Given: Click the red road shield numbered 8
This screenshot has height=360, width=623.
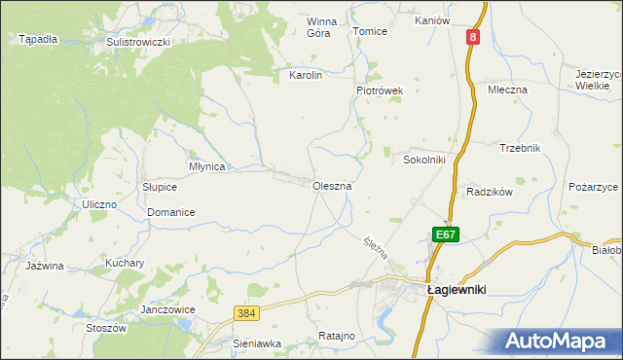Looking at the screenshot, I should (x=472, y=37).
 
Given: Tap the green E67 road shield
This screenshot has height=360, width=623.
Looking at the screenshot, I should (x=445, y=234).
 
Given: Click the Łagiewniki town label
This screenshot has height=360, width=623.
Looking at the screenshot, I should (x=458, y=289).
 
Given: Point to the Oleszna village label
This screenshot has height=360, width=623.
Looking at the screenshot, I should (x=331, y=185).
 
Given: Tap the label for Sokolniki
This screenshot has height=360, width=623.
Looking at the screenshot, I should (x=424, y=160).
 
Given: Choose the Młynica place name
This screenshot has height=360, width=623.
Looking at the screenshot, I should (x=206, y=166).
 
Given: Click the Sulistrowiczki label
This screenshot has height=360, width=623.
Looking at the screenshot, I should (x=138, y=43).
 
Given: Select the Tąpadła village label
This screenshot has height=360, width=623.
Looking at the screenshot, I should (x=38, y=40).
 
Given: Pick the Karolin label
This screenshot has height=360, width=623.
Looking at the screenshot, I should (x=306, y=74).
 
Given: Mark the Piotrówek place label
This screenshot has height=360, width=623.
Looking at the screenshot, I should (x=380, y=90).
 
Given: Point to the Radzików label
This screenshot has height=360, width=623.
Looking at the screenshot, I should (x=489, y=192).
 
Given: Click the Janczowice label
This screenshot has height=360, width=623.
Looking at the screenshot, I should (x=168, y=309).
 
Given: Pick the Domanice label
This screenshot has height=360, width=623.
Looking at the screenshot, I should (x=171, y=212).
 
